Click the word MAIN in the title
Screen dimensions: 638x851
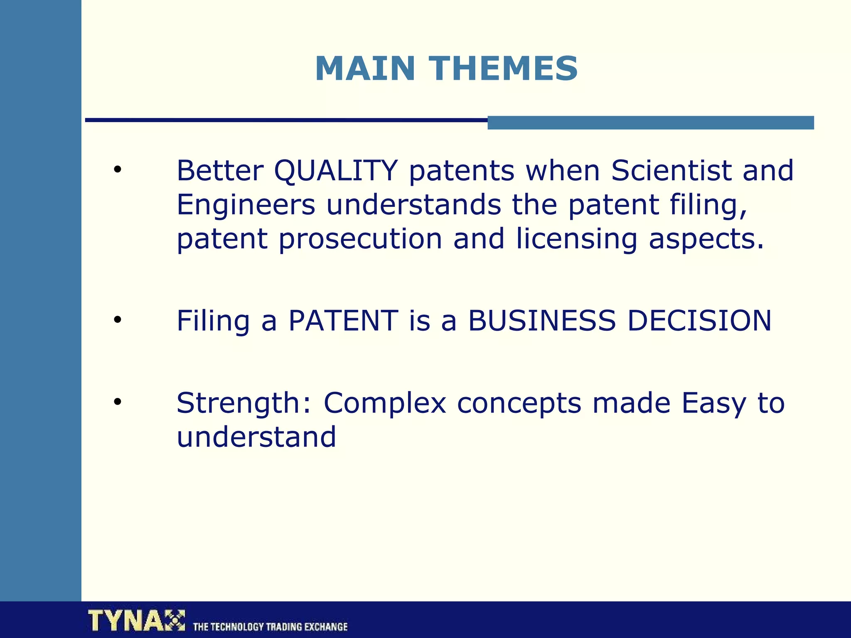coord(365,69)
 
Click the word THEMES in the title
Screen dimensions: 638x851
coord(503,69)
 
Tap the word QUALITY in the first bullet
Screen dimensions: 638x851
coord(336,171)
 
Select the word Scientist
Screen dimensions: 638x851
coord(671,171)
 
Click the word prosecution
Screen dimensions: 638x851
coord(360,239)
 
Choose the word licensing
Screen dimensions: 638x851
coord(576,239)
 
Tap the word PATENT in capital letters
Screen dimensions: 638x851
coord(343,321)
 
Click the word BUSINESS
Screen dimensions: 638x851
coord(541,321)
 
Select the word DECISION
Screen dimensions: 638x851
coord(699,321)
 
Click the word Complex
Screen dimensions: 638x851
coord(384,403)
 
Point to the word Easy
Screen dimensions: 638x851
coord(713,403)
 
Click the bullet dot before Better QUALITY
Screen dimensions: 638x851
coord(118,169)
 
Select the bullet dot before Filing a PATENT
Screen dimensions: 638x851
coord(118,319)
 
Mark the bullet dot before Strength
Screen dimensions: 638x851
coord(118,402)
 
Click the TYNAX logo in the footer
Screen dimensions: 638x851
coord(136,621)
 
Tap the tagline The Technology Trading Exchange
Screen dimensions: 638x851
coord(270,626)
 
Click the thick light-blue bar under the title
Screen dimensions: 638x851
coord(650,123)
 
